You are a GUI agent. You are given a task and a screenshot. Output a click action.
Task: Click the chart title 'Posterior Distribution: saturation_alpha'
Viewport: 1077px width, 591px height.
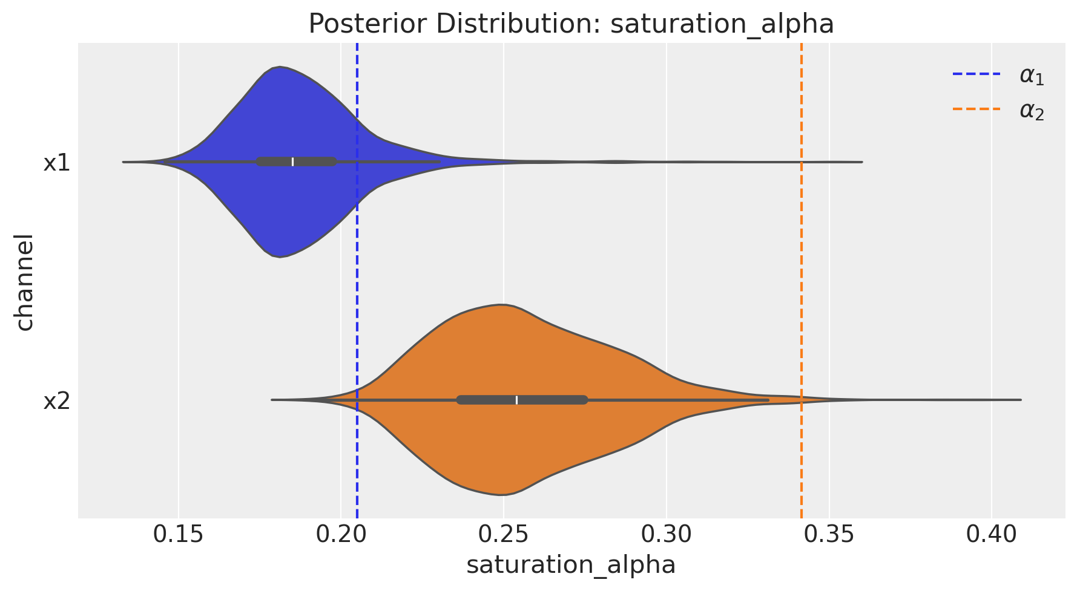(571, 24)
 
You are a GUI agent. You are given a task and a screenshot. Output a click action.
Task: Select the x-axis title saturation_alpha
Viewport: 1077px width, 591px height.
(571, 564)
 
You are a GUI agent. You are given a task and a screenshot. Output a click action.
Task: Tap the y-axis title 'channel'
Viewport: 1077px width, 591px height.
(24, 282)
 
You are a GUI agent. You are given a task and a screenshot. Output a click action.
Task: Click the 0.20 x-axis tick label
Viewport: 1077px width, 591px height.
(341, 535)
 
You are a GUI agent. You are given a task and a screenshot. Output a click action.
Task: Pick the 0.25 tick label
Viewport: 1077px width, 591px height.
(504, 535)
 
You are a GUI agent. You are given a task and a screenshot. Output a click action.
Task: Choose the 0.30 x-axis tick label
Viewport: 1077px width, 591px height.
(667, 535)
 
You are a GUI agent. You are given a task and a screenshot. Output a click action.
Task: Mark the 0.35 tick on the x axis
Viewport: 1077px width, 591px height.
(829, 535)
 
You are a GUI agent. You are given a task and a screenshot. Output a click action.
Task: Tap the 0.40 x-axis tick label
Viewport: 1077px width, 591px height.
(992, 535)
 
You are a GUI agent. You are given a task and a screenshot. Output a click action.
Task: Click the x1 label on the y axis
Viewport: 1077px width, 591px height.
(57, 163)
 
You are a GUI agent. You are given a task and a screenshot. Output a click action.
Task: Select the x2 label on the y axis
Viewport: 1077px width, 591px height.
(57, 400)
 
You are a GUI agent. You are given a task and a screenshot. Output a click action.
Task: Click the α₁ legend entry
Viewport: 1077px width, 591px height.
(999, 76)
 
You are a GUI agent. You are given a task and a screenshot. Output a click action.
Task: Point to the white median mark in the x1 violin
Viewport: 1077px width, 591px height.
(293, 162)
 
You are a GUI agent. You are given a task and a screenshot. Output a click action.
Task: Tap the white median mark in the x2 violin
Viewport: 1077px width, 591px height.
(516, 400)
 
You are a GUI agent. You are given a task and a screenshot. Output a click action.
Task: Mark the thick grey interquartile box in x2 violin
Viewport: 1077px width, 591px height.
(522, 400)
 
